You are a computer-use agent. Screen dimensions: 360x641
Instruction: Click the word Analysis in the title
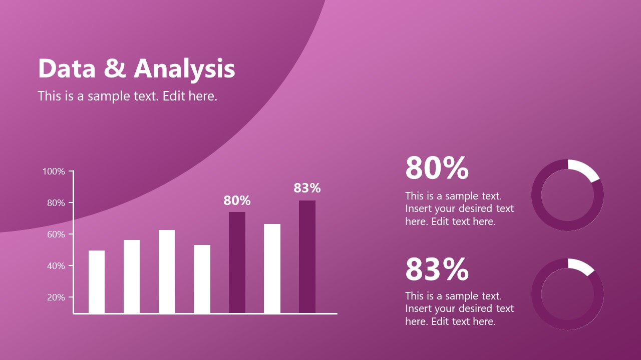coord(185,69)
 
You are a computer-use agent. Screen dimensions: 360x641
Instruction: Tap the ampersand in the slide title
coord(115,69)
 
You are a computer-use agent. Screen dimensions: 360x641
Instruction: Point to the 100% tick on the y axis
coord(54,171)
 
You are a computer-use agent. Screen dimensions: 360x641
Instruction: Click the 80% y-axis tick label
coord(56,203)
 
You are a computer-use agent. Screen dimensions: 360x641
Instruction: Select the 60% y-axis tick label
coord(56,234)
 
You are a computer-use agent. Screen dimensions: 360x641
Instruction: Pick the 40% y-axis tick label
coord(56,266)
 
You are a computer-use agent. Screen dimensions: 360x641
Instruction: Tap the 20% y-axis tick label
coord(56,297)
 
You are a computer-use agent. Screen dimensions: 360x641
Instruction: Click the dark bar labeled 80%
coord(237,262)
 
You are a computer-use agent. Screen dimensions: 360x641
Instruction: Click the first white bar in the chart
coord(97,281)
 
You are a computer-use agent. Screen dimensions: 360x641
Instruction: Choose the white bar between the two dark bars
coord(272,268)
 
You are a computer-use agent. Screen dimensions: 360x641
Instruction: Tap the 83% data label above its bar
coord(307,188)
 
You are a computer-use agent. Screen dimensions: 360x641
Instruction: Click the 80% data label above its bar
coord(237,200)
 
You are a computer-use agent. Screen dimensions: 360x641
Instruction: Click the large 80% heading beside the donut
coord(437,168)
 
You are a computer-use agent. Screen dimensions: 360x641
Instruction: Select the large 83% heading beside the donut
coord(437,269)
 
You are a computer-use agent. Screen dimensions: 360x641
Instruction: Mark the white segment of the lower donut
coord(580,266)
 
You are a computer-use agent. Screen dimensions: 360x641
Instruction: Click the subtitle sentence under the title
coord(127,96)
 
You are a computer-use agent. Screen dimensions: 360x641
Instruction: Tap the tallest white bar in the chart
coord(272,268)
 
